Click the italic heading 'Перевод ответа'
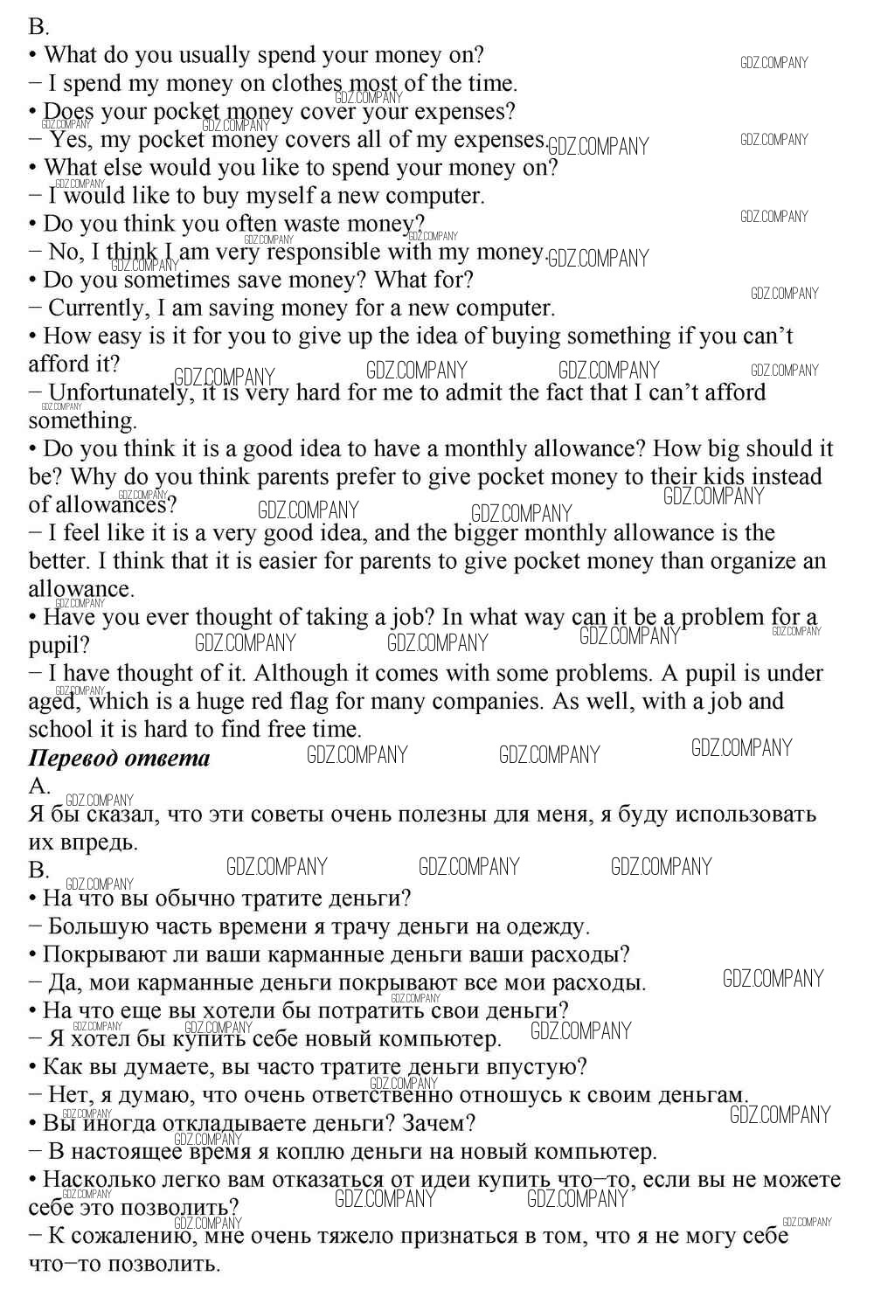point(120,758)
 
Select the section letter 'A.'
point(39,786)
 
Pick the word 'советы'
point(288,815)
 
